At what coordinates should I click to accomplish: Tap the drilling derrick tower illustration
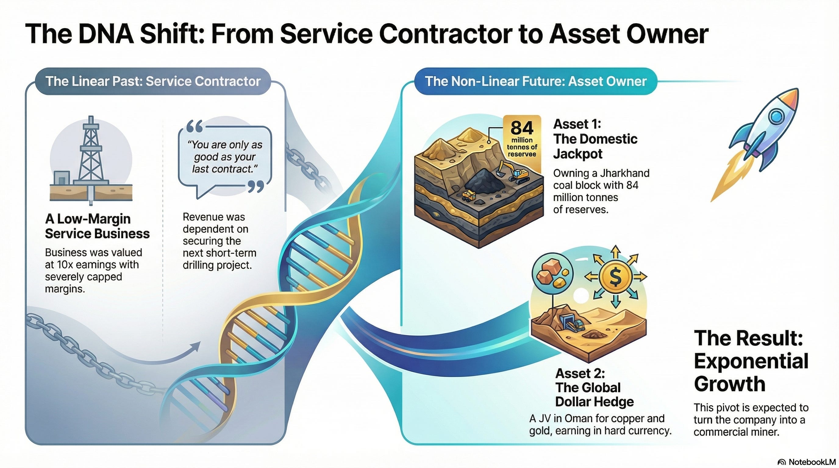tap(91, 153)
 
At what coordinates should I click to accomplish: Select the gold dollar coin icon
tap(615, 277)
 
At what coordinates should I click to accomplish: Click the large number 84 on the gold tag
tap(522, 128)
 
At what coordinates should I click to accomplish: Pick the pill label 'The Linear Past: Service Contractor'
tap(153, 81)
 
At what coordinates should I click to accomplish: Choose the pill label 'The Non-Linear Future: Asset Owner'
tap(535, 81)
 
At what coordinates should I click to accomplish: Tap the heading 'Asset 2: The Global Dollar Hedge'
tap(594, 387)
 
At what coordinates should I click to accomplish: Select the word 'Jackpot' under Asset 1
tap(578, 154)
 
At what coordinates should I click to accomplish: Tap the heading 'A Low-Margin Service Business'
tap(97, 226)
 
